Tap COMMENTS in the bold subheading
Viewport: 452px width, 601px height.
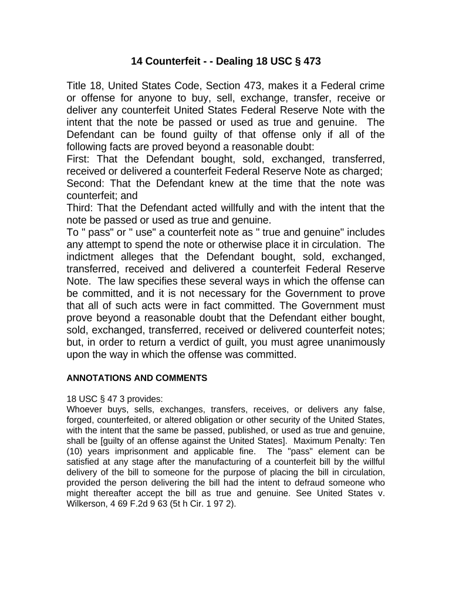[x=181, y=379]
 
